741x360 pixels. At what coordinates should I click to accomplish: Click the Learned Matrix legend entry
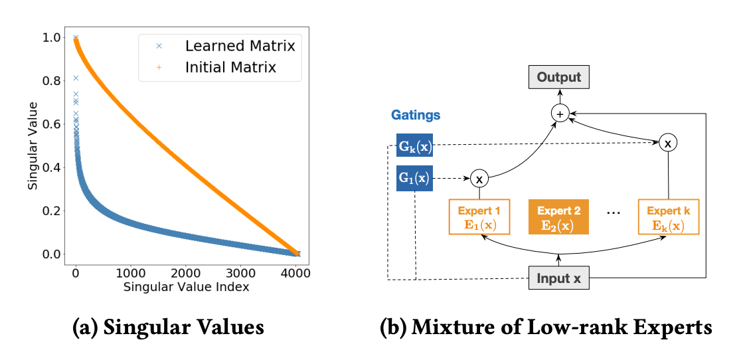tap(240, 46)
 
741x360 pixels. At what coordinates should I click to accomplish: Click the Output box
tap(558, 78)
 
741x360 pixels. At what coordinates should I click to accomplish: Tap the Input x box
tap(558, 279)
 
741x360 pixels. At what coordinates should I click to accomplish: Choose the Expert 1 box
tap(480, 217)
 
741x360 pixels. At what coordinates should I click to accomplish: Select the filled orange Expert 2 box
tap(558, 217)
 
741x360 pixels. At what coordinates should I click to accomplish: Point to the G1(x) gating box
tap(414, 178)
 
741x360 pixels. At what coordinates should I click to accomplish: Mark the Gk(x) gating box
tap(414, 145)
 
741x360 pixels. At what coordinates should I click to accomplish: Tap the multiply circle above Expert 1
tap(479, 178)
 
